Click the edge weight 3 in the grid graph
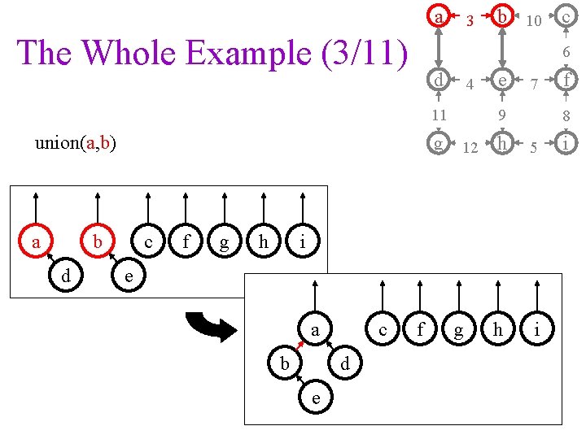point(470,21)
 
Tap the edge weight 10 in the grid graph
point(533,21)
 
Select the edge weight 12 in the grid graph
point(470,148)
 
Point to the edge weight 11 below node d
point(439,115)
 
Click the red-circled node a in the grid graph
point(439,17)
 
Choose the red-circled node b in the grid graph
point(503,17)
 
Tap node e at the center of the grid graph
point(503,80)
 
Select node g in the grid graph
point(439,144)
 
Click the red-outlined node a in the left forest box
point(36,242)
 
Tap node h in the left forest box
point(263,242)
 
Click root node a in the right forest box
point(315,329)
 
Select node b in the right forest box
point(284,363)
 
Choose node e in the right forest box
point(315,398)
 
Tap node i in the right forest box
point(536,329)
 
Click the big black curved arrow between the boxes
point(211,324)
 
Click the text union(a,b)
point(75,144)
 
